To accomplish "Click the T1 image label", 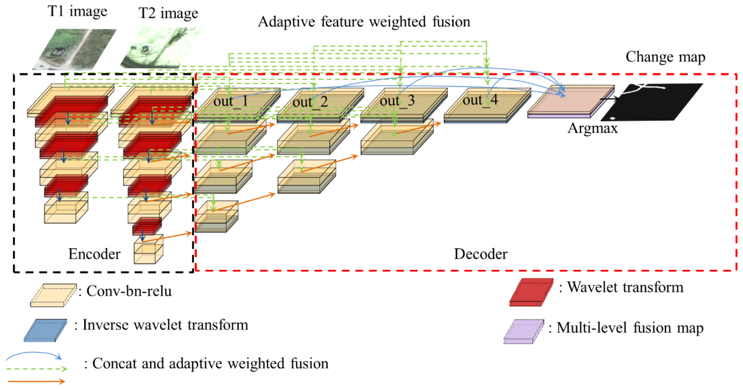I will click(77, 12).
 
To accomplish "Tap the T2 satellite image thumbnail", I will click(162, 47).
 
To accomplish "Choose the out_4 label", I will click(480, 100).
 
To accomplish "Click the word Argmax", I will click(593, 128).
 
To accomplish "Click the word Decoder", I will click(481, 254).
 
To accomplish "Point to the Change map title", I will click(665, 57).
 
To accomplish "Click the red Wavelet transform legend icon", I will click(531, 292).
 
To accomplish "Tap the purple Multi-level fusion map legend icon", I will click(524, 331).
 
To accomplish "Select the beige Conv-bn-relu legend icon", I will click(53, 295).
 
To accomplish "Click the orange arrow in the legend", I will click(37, 382).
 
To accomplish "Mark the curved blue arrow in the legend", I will click(34, 355).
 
